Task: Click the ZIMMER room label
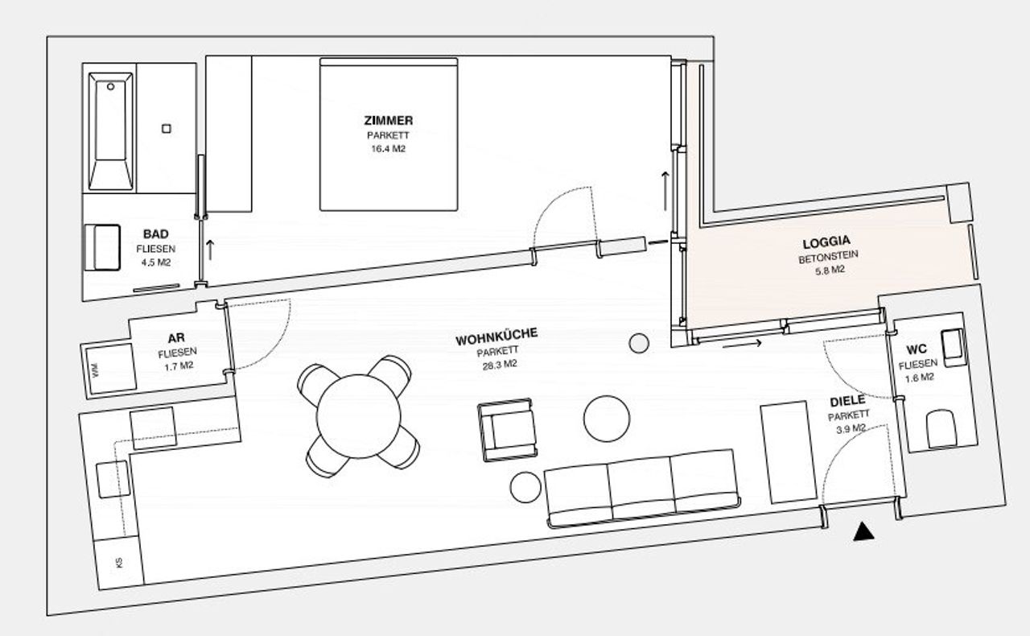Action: pyautogui.click(x=389, y=121)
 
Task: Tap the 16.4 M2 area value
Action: pyautogui.click(x=389, y=149)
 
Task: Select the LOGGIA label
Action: pyautogui.click(x=826, y=242)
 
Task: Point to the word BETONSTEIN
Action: pyautogui.click(x=829, y=256)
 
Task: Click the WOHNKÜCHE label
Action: pyautogui.click(x=496, y=337)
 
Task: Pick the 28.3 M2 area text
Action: pyautogui.click(x=500, y=365)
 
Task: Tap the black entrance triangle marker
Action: pyautogui.click(x=863, y=531)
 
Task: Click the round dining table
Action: pyautogui.click(x=359, y=416)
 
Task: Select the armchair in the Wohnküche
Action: pyautogui.click(x=507, y=429)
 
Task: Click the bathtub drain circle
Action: pyautogui.click(x=110, y=86)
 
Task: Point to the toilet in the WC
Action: pyautogui.click(x=941, y=429)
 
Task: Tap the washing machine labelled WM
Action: pyautogui.click(x=111, y=369)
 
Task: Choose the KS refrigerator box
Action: pyautogui.click(x=119, y=563)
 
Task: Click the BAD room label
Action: pyautogui.click(x=156, y=233)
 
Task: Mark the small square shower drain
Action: pyautogui.click(x=167, y=129)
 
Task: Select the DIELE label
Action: pyautogui.click(x=847, y=401)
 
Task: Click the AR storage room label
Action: pyautogui.click(x=176, y=338)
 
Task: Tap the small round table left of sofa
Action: pyautogui.click(x=525, y=487)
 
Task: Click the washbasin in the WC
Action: pyautogui.click(x=954, y=348)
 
